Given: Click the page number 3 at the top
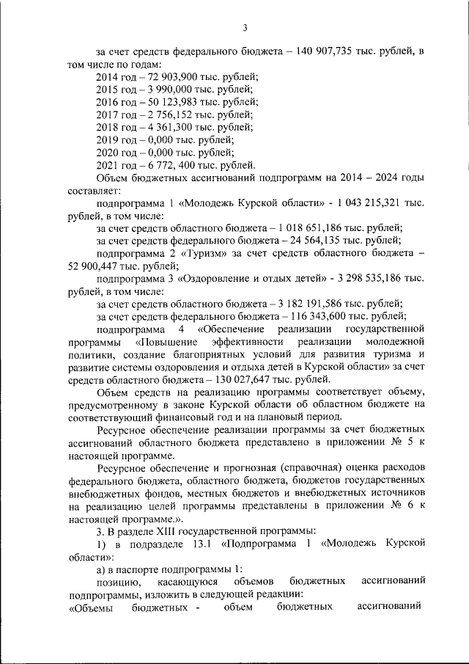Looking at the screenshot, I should [x=245, y=28].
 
